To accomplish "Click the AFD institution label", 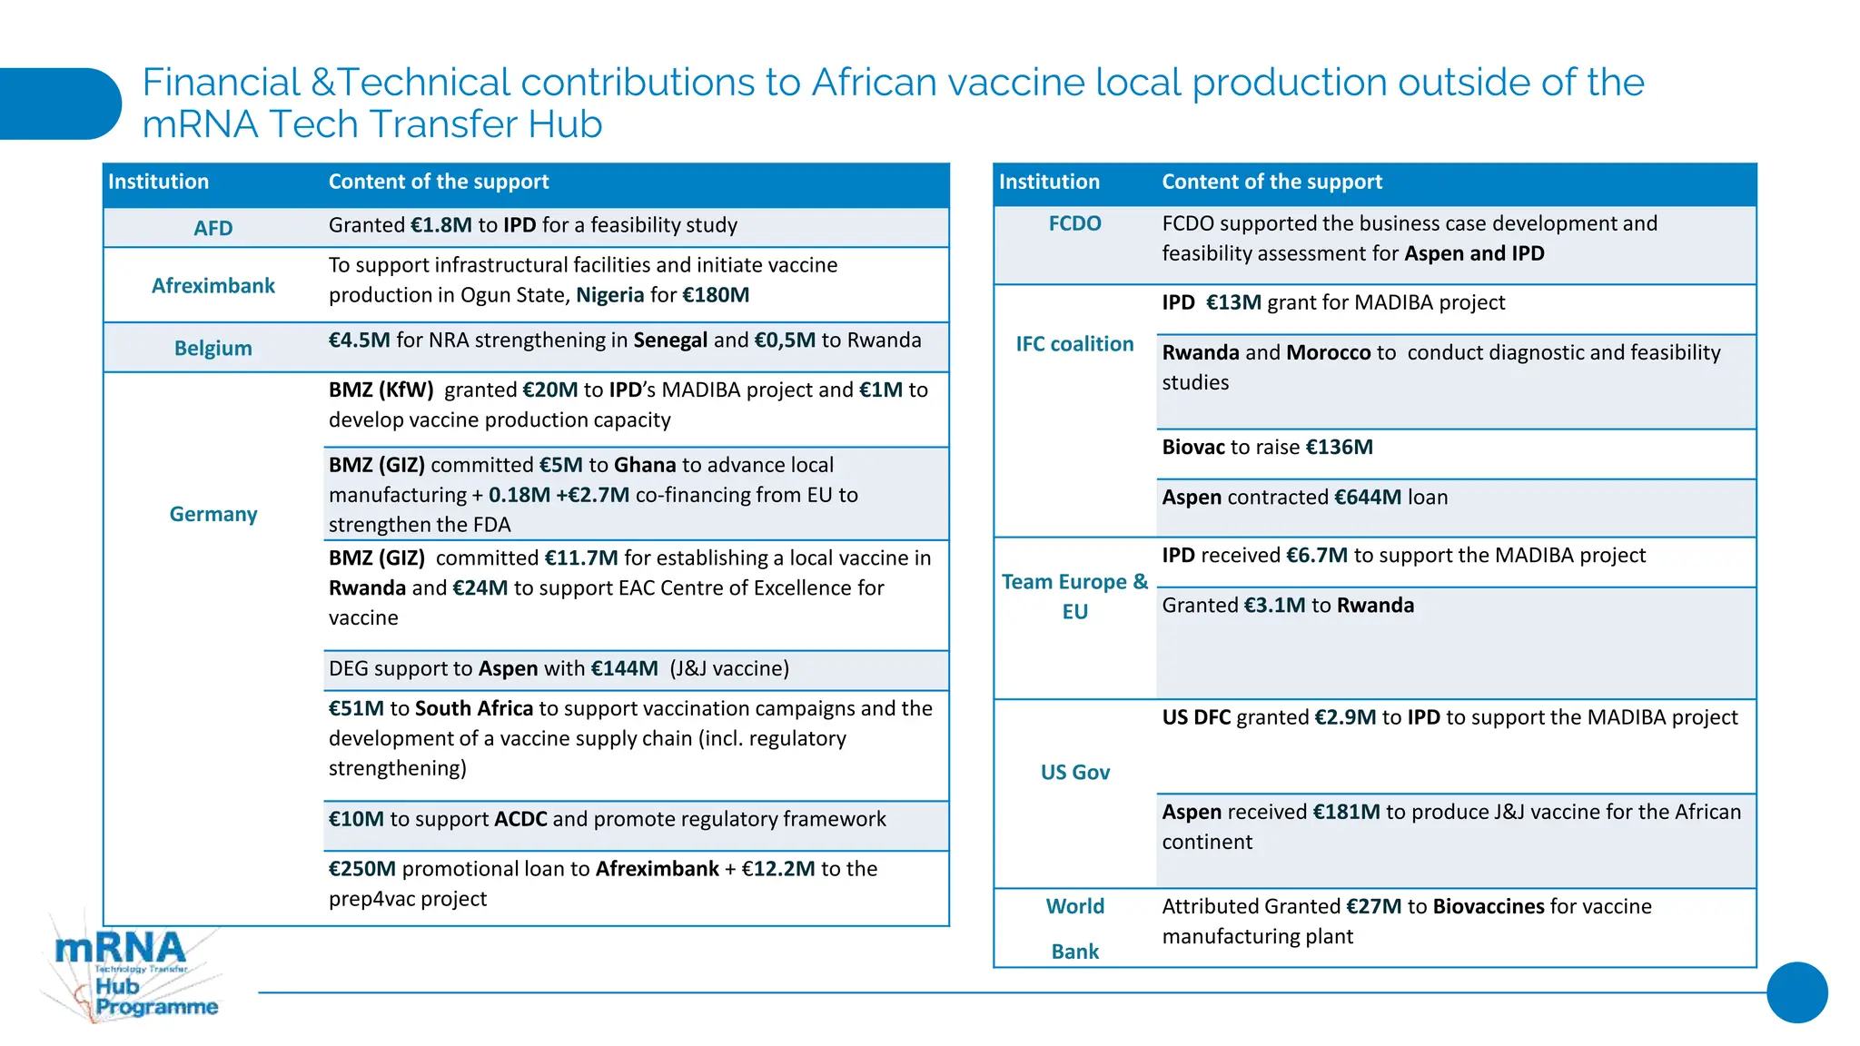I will (x=213, y=228).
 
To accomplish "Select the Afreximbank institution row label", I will (x=213, y=286).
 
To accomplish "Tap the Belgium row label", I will (x=213, y=349).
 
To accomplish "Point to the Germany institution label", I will (x=213, y=515).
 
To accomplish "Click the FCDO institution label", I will (x=1074, y=223).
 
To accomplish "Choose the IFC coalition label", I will (x=1074, y=344).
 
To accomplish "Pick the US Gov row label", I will (x=1075, y=773).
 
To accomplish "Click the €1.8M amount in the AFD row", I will (x=440, y=225).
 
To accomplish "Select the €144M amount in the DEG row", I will (x=624, y=669).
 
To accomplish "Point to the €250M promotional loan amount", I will (x=362, y=869).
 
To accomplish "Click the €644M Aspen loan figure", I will (x=1368, y=498).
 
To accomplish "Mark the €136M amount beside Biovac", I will (x=1339, y=448).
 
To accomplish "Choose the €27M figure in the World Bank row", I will (x=1373, y=906).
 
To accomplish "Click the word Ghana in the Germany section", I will (x=645, y=465).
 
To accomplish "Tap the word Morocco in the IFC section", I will (x=1328, y=352).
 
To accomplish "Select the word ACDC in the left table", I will (x=520, y=819).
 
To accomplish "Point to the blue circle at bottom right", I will (x=1796, y=992).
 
